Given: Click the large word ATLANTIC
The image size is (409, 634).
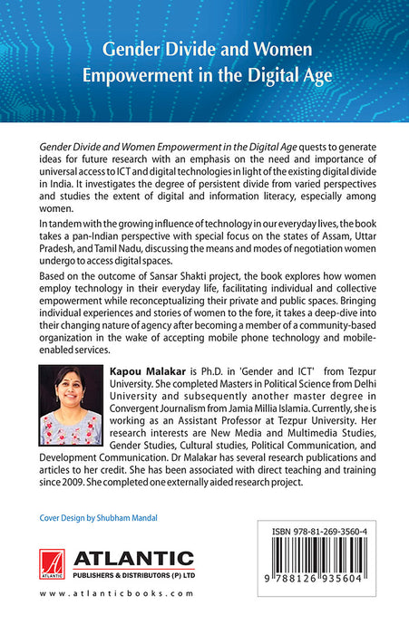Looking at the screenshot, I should [134, 557].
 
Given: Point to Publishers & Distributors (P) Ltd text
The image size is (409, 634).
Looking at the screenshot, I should [134, 574].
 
